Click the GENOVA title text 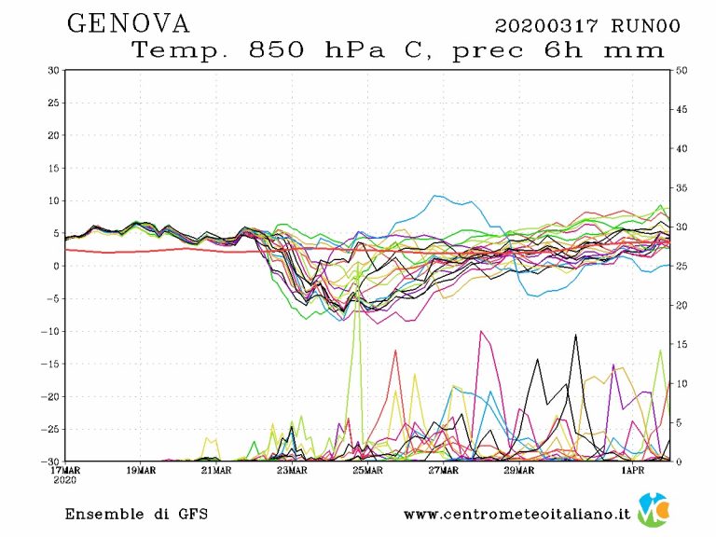tap(129, 23)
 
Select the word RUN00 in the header tap(644, 25)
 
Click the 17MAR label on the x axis tap(65, 470)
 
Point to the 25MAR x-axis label tap(367, 470)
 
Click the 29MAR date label tap(518, 470)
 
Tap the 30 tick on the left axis tap(54, 71)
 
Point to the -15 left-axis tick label tap(50, 364)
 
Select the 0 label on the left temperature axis tap(57, 266)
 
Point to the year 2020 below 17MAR tap(65, 480)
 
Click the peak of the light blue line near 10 tap(435, 196)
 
